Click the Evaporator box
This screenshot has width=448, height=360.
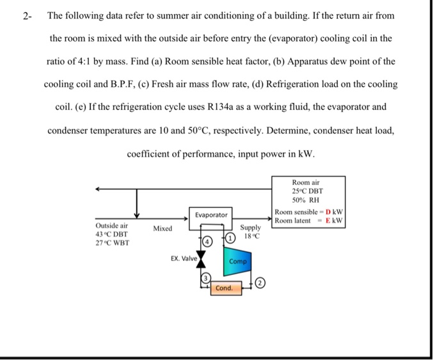(x=211, y=215)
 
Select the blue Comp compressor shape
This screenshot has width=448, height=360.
(x=237, y=262)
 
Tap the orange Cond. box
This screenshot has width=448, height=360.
(x=224, y=288)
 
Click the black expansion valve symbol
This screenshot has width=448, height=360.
(x=201, y=260)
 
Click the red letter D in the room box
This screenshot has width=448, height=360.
(x=328, y=212)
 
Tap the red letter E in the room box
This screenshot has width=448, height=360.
(x=328, y=221)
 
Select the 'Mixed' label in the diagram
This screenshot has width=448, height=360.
(x=163, y=228)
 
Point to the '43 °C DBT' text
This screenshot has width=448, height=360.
(x=111, y=235)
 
